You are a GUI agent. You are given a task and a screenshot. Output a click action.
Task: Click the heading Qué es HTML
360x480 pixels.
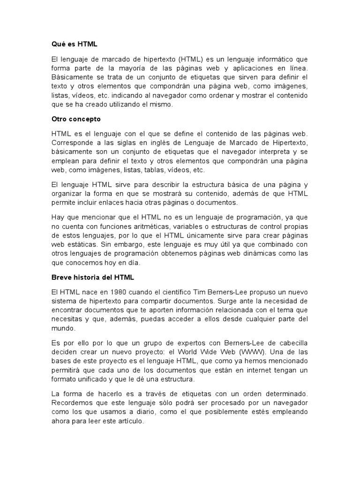(74, 45)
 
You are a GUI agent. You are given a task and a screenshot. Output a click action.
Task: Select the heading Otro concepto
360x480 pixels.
(76, 119)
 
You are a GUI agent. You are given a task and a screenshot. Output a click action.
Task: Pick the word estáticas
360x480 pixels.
(85, 244)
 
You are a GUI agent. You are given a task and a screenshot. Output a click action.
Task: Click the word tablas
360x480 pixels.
(148, 171)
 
